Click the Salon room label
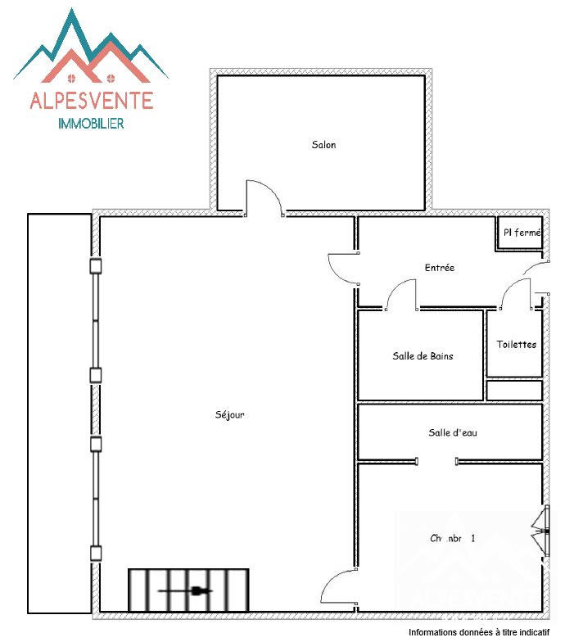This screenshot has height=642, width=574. click(x=323, y=145)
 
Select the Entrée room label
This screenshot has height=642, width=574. click(x=439, y=268)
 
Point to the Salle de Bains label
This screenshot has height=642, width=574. click(x=423, y=355)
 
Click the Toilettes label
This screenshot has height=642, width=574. click(x=516, y=344)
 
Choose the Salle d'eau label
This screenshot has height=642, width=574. click(x=452, y=432)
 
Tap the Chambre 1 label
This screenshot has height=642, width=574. click(x=453, y=539)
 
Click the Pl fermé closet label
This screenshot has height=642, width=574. click(x=521, y=233)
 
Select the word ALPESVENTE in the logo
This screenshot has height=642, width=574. click(x=91, y=101)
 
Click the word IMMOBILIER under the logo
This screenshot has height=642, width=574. click(x=91, y=124)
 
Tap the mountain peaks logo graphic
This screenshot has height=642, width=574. click(x=91, y=49)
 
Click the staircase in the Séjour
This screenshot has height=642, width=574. click(x=188, y=590)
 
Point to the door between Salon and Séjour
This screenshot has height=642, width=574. click(x=264, y=199)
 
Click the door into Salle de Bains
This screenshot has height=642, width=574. click(x=401, y=296)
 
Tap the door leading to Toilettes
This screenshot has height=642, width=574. click(x=514, y=296)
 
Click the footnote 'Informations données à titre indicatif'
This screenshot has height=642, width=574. click(x=478, y=633)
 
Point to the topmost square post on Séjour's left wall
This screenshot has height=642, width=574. click(x=96, y=266)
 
